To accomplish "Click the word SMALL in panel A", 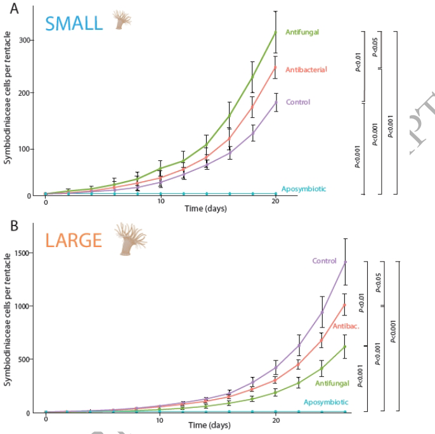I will tap(74, 23).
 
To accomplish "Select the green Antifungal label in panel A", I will tap(302, 31).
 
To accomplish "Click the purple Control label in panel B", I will tap(323, 260).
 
